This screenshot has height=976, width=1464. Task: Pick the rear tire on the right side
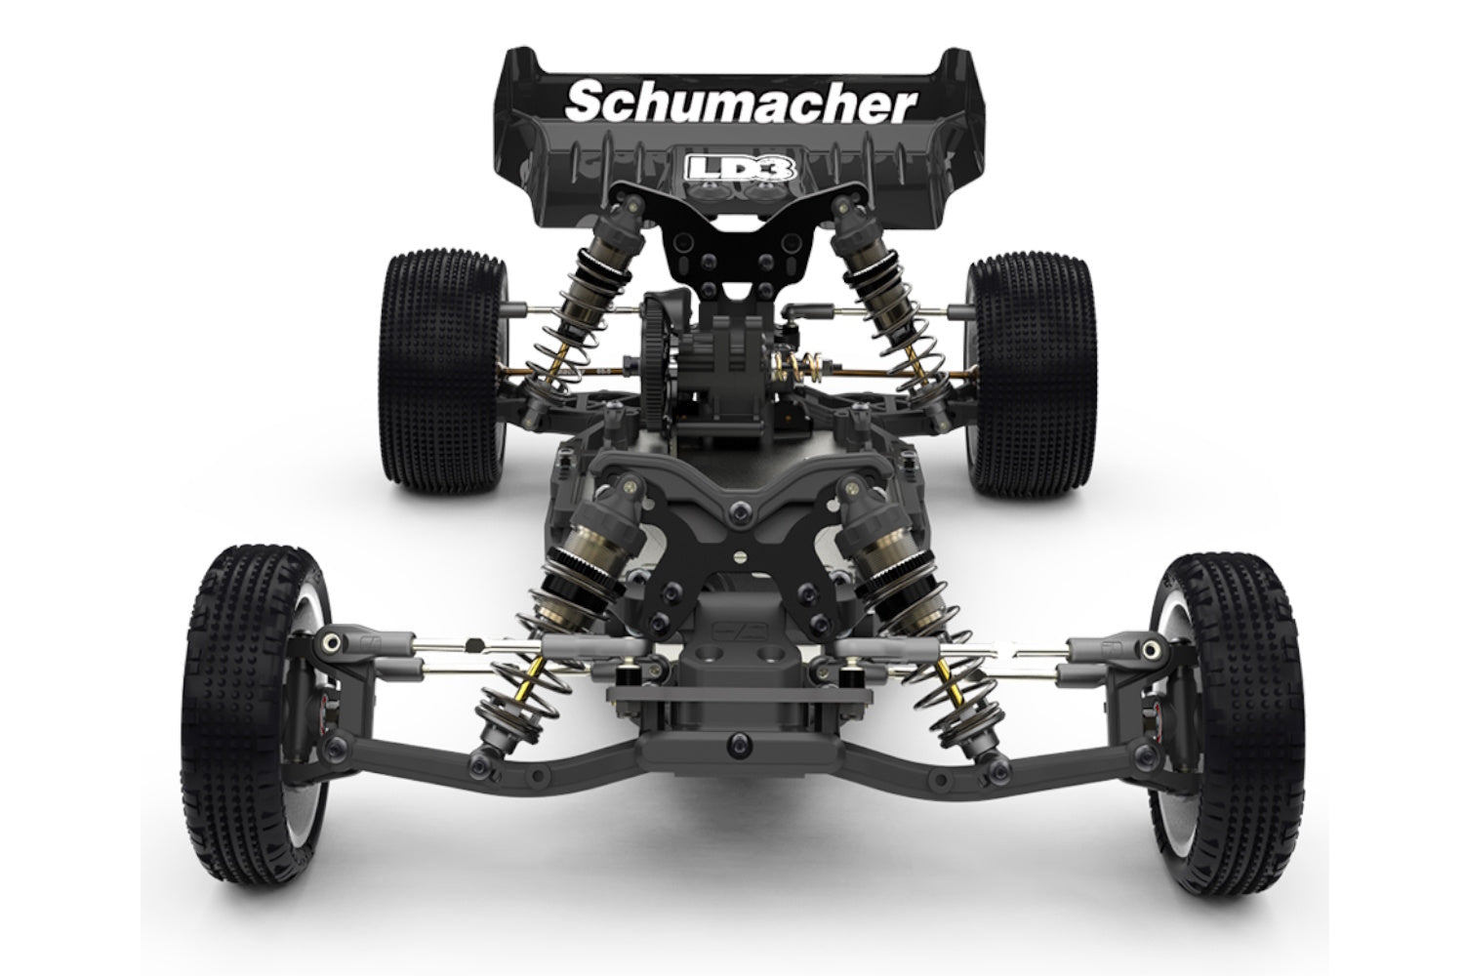[x=1032, y=370]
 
